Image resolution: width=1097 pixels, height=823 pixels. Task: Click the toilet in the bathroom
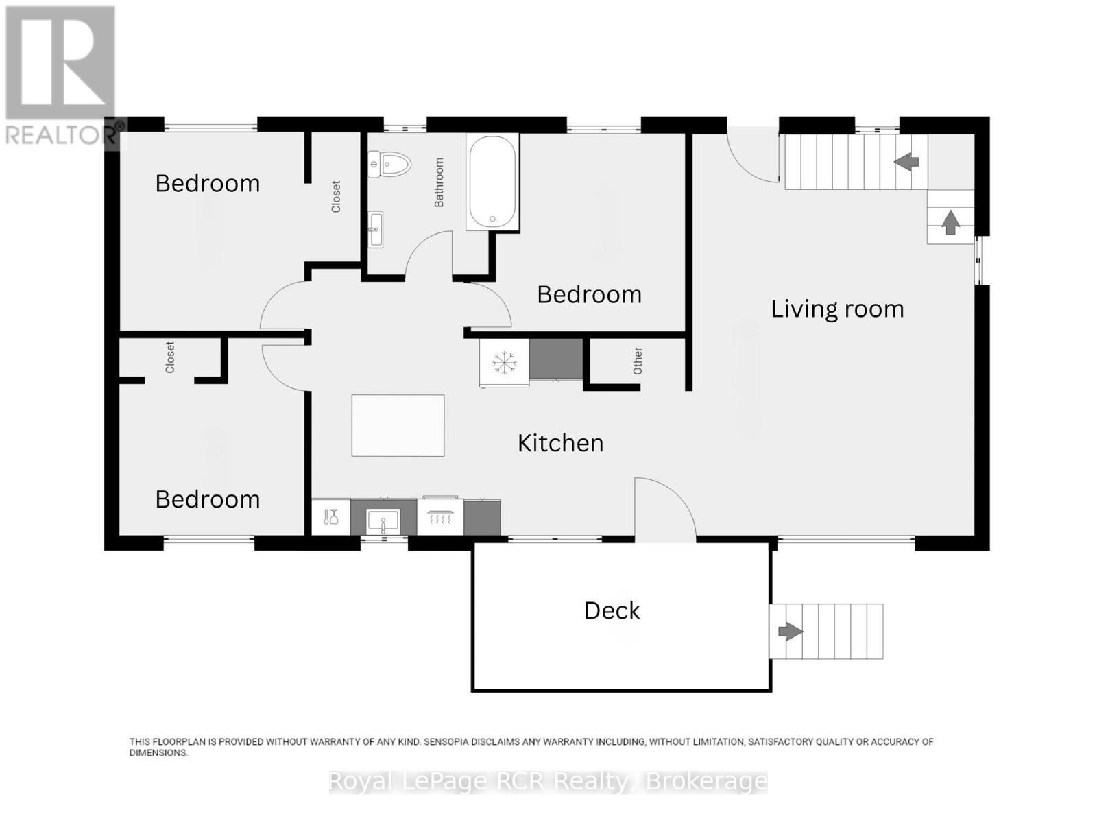coord(390,164)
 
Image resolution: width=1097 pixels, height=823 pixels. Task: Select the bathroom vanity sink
coord(376,229)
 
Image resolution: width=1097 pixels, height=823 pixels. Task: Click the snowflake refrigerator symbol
coord(504,363)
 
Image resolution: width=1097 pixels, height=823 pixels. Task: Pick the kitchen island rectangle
coord(398,425)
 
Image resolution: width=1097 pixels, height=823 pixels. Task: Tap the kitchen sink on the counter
coord(383,522)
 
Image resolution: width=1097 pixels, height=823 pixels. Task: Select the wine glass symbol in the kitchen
coord(331,517)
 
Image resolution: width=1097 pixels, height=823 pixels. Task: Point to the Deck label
coord(612,610)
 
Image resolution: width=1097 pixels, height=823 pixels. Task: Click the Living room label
coord(837,309)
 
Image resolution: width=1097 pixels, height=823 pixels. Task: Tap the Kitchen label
coord(560,443)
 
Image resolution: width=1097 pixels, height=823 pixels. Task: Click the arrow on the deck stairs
coord(790,631)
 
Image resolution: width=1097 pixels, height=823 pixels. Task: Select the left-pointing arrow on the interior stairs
coord(906,161)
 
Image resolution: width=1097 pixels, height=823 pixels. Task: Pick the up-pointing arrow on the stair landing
coord(950,222)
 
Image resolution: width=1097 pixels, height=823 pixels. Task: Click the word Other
coord(638,361)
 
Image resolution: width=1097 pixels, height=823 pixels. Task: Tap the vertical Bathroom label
coord(439,182)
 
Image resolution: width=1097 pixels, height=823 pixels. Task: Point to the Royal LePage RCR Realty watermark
coord(548,782)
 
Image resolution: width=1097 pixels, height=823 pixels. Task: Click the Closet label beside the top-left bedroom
coord(336,196)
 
